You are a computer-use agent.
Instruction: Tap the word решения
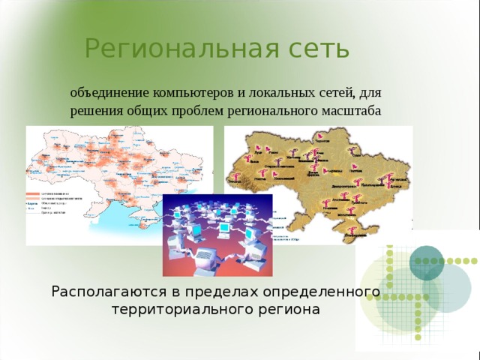point(94,112)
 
